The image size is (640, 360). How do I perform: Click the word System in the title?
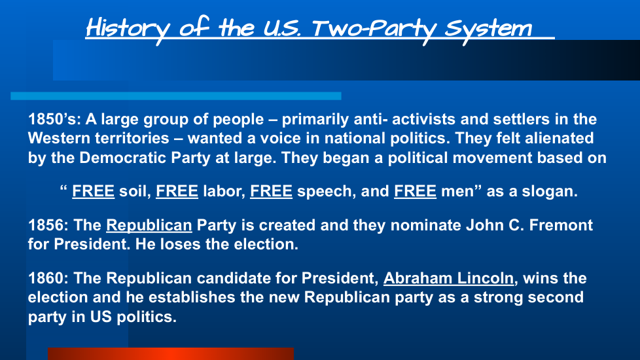(488, 29)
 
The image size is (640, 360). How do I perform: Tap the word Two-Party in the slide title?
(374, 29)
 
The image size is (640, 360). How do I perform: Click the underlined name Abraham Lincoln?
(448, 278)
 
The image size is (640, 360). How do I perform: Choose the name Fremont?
(561, 225)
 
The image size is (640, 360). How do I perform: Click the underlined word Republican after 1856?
(149, 226)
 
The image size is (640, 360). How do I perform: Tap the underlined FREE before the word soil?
(93, 191)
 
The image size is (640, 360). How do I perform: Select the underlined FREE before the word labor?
(177, 191)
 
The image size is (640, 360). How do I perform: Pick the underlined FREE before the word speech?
(271, 191)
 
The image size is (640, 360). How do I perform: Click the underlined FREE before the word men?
(415, 191)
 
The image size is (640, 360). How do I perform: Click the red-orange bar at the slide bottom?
(171, 353)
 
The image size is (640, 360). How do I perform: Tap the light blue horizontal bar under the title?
(176, 96)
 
